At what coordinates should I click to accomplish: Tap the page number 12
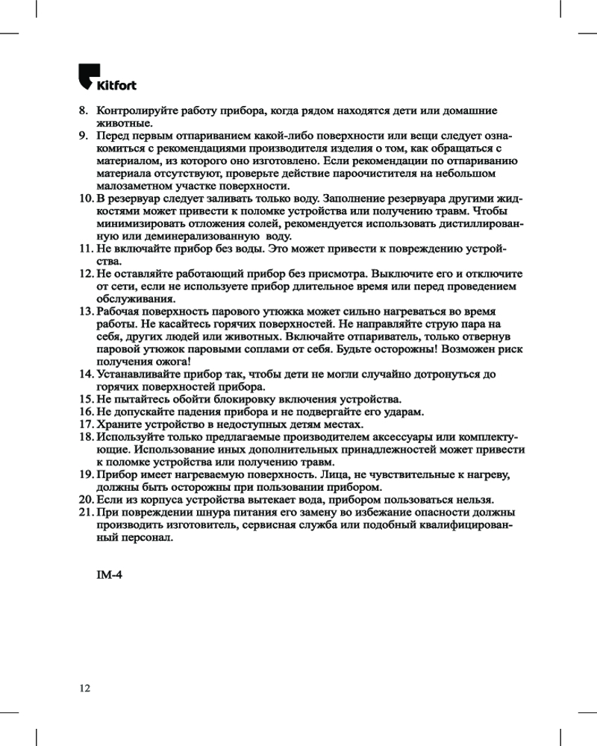(85, 687)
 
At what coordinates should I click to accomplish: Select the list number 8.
(84, 110)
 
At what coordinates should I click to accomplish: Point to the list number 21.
(85, 513)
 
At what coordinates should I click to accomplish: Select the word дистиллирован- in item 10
(484, 225)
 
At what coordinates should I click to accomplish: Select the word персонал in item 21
(149, 538)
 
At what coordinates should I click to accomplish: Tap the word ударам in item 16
(404, 412)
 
